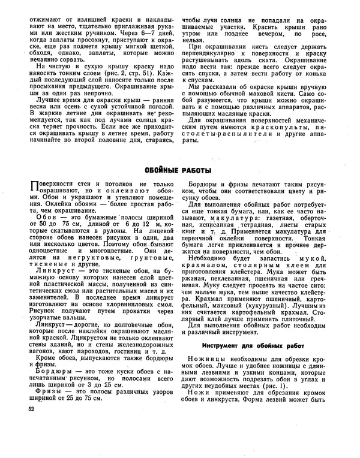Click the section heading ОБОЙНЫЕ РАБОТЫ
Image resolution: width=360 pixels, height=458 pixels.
(x=181, y=171)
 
